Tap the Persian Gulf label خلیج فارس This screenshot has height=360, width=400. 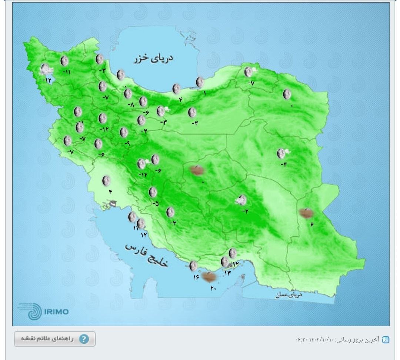click(147, 255)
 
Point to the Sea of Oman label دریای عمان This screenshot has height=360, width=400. click(289, 295)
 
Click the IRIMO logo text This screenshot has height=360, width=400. click(56, 311)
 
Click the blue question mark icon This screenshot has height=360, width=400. click(84, 339)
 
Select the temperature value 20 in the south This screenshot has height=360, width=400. click(213, 288)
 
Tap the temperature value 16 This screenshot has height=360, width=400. click(196, 276)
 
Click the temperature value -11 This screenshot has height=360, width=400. click(66, 72)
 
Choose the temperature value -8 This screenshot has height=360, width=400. click(131, 105)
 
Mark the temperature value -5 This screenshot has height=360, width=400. click(156, 203)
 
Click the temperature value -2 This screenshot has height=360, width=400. click(245, 211)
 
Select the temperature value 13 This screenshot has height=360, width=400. click(227, 273)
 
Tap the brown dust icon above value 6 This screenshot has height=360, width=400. click(306, 213)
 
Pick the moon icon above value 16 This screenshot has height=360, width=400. click(193, 266)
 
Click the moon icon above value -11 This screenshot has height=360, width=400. click(65, 61)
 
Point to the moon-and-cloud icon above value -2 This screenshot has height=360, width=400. click(242, 200)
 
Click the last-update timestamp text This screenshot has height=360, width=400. click(338, 339)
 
